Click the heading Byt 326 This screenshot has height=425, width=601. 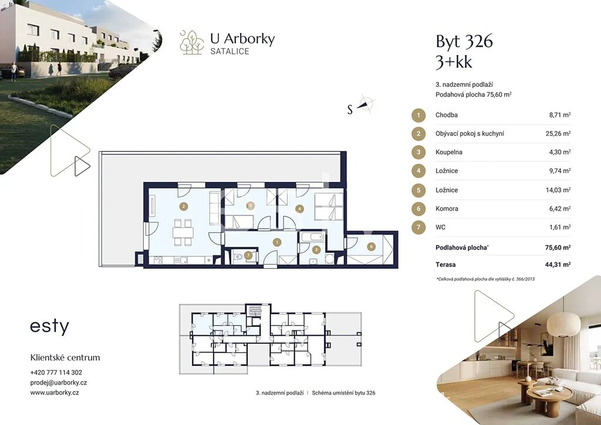point(464,42)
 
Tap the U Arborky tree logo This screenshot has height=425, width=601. point(192,42)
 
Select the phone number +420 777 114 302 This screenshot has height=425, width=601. point(56,372)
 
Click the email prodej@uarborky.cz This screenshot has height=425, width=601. point(59,383)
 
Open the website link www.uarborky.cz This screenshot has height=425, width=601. point(55,393)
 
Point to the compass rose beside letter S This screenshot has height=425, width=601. point(366,103)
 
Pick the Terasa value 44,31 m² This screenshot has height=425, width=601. point(558,264)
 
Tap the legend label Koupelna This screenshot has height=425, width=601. point(449,152)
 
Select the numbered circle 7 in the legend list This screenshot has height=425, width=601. point(418,227)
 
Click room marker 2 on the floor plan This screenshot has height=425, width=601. point(184,207)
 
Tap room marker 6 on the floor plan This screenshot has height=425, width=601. point(371,247)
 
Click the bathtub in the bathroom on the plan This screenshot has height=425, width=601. point(313,237)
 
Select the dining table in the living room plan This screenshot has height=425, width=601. point(183,232)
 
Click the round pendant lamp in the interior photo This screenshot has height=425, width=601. point(563,325)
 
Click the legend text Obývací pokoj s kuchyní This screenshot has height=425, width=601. point(470,134)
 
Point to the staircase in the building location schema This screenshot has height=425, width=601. point(255,311)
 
